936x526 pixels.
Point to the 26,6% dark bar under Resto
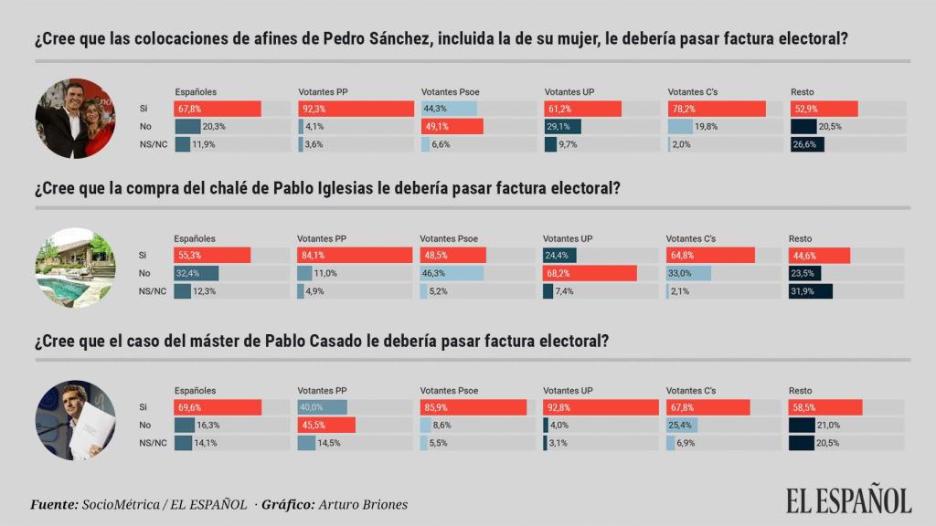(807, 144)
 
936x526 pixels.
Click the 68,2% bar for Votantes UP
(590, 273)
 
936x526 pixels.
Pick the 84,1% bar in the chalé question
(355, 255)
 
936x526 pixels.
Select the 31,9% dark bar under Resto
(810, 291)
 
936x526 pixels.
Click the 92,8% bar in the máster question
(601, 407)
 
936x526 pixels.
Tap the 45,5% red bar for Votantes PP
(326, 425)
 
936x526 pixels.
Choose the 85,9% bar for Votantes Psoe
(473, 407)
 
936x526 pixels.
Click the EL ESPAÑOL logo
(848, 500)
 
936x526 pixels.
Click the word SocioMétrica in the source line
(118, 505)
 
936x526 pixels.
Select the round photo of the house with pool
(75, 268)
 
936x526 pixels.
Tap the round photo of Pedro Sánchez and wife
(75, 119)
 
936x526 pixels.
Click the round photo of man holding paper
(75, 421)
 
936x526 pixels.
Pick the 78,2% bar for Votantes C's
(716, 109)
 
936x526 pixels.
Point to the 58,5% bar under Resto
(825, 407)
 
